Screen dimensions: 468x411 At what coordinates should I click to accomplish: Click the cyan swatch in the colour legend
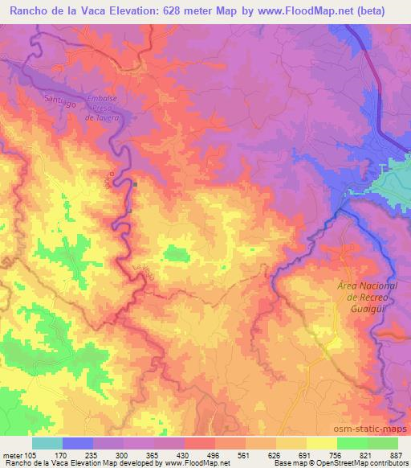click(47, 443)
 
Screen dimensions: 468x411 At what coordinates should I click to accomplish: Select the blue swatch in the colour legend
click(78, 443)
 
